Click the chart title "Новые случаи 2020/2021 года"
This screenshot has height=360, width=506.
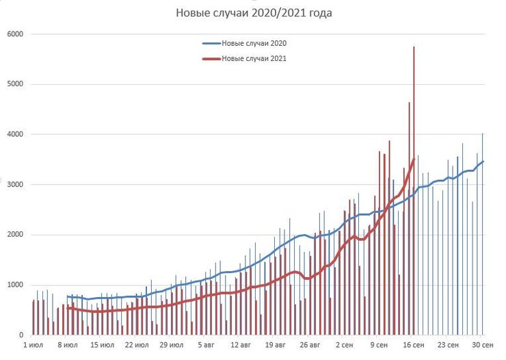point(254,13)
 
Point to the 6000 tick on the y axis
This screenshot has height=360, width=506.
point(15,34)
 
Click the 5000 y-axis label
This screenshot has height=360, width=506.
point(15,84)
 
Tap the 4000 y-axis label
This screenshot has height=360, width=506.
point(15,134)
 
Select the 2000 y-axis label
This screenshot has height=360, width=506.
point(15,235)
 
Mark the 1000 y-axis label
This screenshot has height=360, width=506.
point(15,285)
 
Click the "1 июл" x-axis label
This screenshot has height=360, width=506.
point(34,346)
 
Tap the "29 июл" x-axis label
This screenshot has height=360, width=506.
point(171,346)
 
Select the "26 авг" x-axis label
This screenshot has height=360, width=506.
point(310,346)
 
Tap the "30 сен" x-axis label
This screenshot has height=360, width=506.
point(484,346)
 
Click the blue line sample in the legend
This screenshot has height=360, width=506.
point(211,43)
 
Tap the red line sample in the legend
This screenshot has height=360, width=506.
point(211,58)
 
